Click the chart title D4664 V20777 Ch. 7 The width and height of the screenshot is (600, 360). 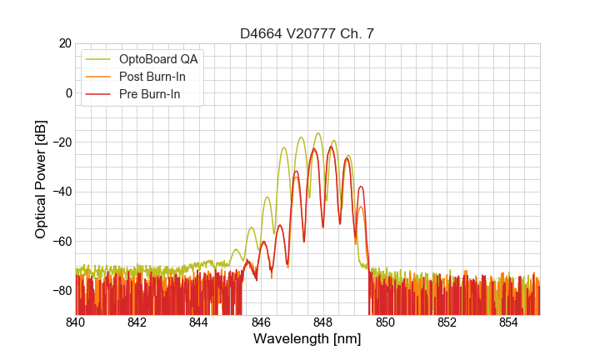[x=307, y=33]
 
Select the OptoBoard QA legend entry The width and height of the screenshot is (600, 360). [x=158, y=59]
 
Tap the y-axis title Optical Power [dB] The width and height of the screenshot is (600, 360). [x=41, y=179]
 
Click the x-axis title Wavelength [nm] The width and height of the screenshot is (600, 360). [x=307, y=339]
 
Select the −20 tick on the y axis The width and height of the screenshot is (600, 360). [x=61, y=142]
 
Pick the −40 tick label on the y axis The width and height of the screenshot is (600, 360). [x=61, y=192]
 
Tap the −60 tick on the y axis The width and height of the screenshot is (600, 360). [x=61, y=241]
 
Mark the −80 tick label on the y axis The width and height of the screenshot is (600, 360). [x=61, y=290]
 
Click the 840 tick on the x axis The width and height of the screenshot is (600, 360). [x=76, y=322]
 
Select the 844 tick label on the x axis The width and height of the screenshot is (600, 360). [x=199, y=322]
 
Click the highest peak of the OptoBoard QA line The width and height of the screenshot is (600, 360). [x=318, y=133]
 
